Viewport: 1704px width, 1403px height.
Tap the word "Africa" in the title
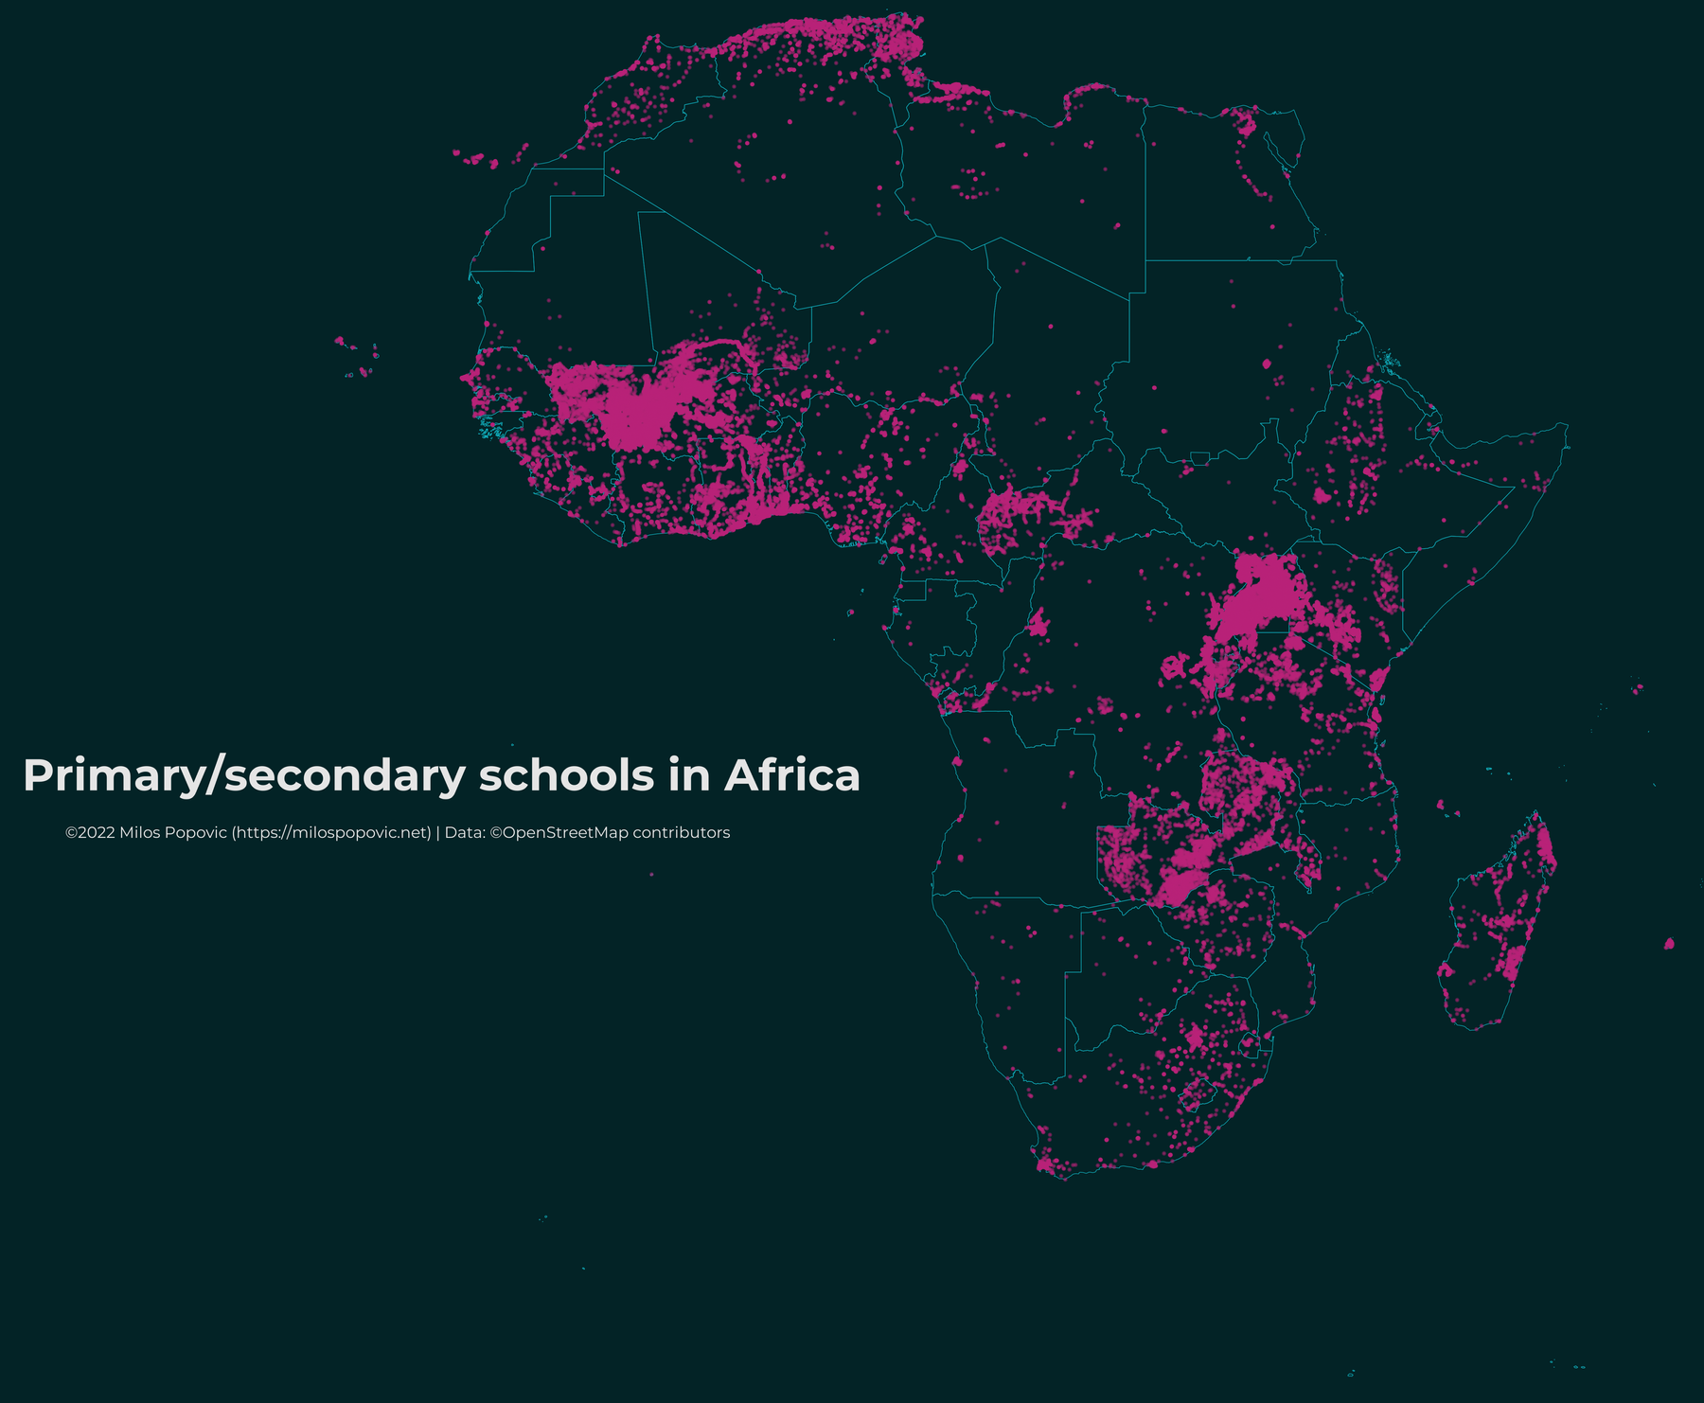click(791, 775)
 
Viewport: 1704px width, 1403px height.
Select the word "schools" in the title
click(566, 775)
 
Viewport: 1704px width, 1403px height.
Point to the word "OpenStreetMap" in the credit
click(564, 833)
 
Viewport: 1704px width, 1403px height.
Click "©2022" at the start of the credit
click(90, 833)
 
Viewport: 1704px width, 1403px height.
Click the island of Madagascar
click(1496, 928)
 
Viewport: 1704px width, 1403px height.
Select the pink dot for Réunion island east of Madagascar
click(1669, 944)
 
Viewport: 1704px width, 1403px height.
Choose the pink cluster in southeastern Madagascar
click(1513, 961)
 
